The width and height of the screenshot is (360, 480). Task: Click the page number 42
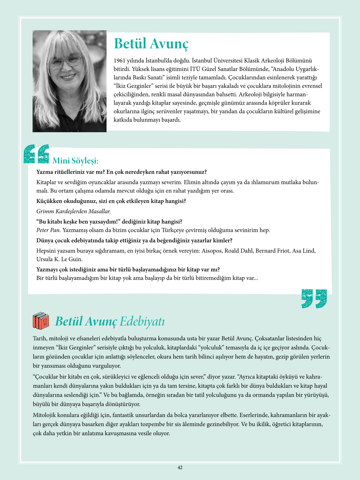180,468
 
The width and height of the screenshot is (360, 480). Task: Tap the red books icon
41,321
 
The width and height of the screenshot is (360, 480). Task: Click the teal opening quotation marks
36,154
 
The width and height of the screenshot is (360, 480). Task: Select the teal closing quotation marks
314,298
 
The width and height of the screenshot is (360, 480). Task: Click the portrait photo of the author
69,81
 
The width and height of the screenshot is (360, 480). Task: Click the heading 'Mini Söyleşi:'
75,161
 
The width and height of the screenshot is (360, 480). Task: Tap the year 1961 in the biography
120,61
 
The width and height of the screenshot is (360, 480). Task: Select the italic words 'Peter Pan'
48,230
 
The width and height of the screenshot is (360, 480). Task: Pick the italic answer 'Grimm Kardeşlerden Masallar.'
74,211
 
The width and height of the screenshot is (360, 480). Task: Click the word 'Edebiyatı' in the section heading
142,321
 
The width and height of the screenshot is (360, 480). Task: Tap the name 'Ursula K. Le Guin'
59,259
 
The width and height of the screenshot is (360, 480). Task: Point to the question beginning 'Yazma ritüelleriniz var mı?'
122,172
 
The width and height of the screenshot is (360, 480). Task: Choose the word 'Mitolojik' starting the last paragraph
45,415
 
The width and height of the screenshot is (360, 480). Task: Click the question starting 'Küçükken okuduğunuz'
111,201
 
